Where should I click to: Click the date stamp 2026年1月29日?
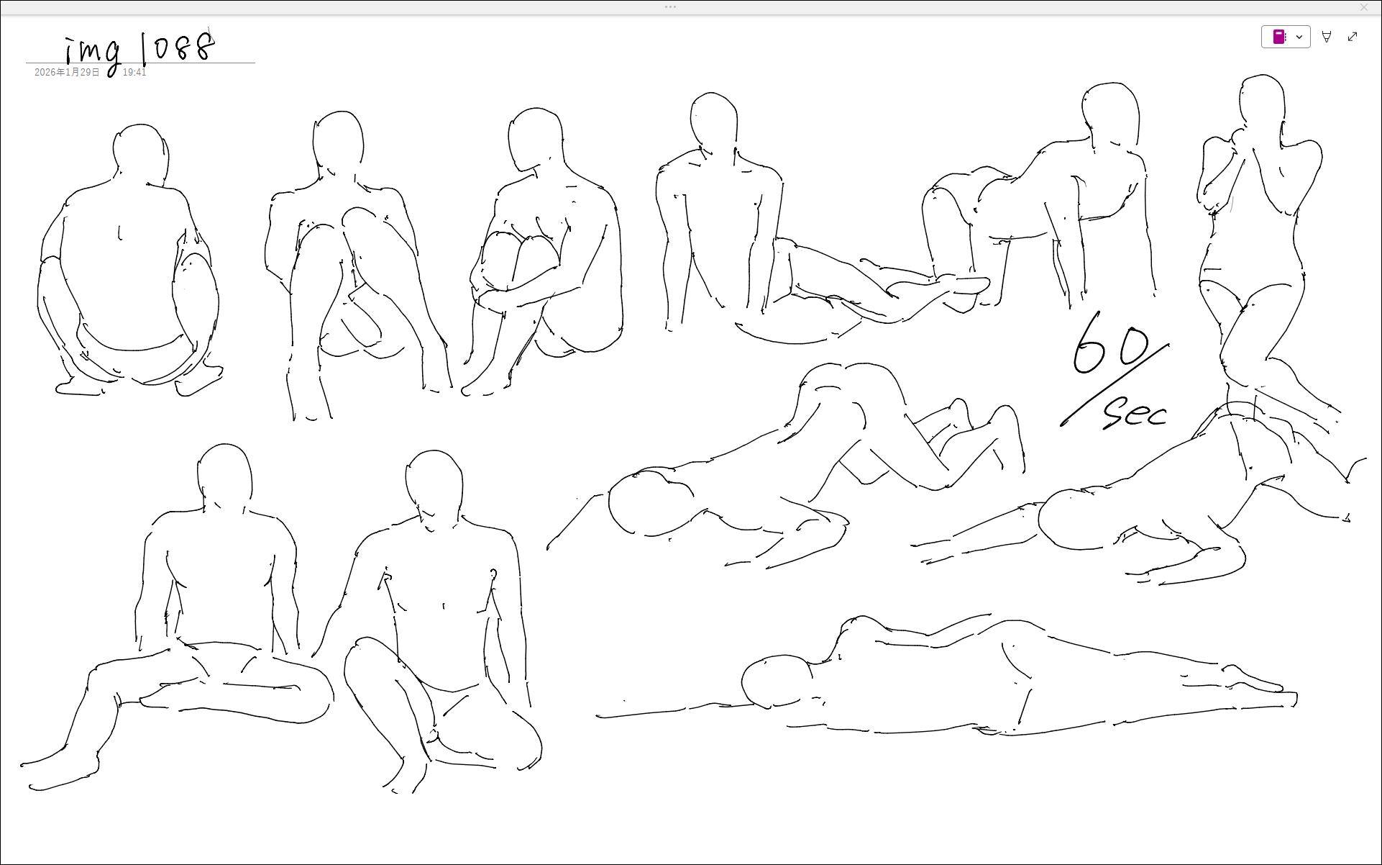67,73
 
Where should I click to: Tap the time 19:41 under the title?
134,73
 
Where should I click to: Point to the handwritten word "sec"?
1135,412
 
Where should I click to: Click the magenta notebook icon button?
1279,37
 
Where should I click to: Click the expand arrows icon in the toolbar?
1353,37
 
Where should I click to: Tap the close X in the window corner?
1364,7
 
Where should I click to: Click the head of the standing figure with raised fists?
1262,103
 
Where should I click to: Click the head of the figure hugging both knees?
536,138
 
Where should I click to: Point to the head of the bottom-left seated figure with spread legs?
224,474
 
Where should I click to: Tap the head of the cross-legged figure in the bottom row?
434,481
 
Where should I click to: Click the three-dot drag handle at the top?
670,7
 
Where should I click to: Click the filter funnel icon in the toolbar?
1327,37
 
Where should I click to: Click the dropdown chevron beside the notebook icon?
1299,37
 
